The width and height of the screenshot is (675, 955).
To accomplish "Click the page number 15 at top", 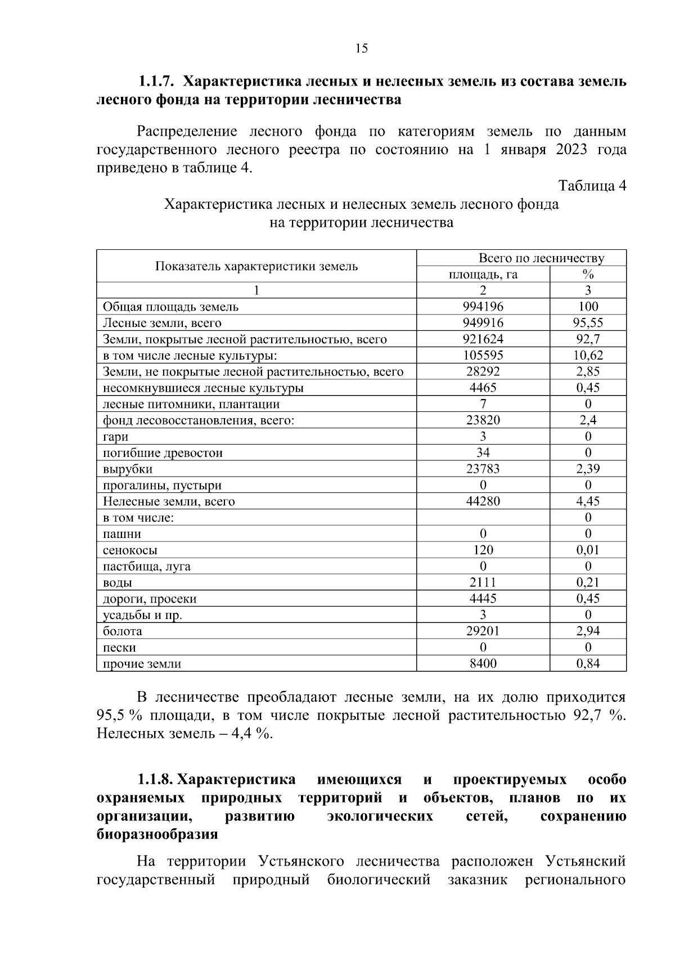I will tap(362, 48).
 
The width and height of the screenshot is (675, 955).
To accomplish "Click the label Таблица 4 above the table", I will tap(592, 186).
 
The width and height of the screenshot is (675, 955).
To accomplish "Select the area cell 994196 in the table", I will tap(483, 307).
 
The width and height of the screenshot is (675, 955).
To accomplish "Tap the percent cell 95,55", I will tap(588, 323).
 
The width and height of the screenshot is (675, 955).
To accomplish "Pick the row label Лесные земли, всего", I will tap(162, 323).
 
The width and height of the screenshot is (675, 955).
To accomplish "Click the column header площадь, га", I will tap(483, 275).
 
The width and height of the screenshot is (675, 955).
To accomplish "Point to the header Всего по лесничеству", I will tap(541, 258).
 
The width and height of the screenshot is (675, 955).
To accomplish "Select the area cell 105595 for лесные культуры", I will tap(483, 356).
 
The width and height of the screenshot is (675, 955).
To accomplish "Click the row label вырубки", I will tap(128, 469).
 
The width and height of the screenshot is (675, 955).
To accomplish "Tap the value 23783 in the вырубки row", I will tap(483, 469).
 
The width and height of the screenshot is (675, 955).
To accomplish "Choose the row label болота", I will tap(122, 631).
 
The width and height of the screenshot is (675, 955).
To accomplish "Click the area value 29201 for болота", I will tap(483, 631).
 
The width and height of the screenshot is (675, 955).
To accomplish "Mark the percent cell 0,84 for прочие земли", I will tap(588, 664).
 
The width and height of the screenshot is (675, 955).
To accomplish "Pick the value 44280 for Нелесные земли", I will tap(483, 501).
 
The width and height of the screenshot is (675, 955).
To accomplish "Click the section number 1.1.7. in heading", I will tap(157, 82).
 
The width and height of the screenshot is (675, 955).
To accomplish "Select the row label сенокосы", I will tap(130, 550).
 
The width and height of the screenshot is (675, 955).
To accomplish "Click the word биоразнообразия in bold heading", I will tap(157, 835).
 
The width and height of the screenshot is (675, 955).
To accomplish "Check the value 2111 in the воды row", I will tap(483, 583).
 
